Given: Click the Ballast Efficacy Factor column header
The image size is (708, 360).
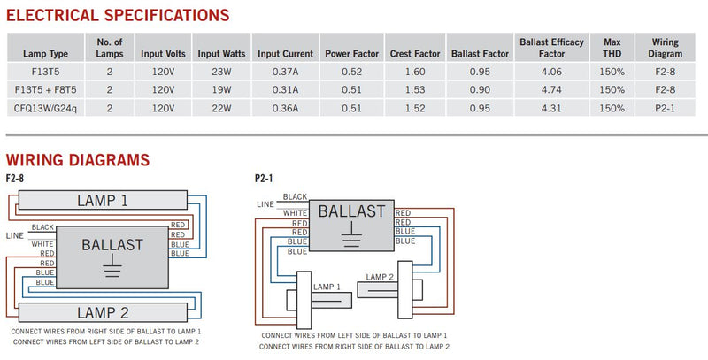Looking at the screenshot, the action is click(x=551, y=48).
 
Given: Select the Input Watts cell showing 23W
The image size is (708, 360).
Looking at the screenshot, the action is click(x=221, y=72).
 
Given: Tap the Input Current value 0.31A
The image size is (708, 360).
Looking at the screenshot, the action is click(x=285, y=89).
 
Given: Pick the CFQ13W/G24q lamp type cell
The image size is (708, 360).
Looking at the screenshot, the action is click(x=46, y=108).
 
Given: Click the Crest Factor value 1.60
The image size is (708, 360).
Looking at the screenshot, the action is click(x=415, y=72).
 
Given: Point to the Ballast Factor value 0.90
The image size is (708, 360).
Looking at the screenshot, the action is click(x=480, y=89).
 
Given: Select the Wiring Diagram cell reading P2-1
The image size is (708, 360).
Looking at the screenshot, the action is click(x=666, y=108).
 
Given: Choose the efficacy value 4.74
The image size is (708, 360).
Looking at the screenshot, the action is click(x=551, y=89).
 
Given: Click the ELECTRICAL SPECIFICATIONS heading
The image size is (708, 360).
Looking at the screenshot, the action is click(x=118, y=15).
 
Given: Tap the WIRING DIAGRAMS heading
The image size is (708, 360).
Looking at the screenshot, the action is click(x=78, y=160).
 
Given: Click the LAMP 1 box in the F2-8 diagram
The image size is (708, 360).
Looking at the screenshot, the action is click(x=103, y=200).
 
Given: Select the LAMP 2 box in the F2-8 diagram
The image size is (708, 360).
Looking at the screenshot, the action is click(x=103, y=312).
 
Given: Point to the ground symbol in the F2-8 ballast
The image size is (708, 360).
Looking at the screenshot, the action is click(x=112, y=265).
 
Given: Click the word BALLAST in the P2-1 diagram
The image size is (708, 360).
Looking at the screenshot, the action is click(x=351, y=211).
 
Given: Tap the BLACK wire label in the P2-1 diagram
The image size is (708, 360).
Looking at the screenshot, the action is click(x=296, y=196).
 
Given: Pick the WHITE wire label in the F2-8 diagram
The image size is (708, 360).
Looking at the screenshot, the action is click(x=42, y=244).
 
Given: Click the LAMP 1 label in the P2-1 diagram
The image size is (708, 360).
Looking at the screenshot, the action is click(x=327, y=287).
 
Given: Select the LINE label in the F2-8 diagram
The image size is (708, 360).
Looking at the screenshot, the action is click(x=15, y=235).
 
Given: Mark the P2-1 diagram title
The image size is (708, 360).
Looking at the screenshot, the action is click(x=264, y=179).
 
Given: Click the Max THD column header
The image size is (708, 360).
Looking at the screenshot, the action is click(x=612, y=48).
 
